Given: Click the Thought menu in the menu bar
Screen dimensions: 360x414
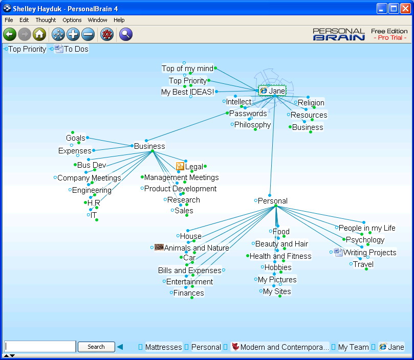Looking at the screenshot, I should [46, 20].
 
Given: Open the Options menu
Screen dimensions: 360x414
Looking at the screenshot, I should [72, 20].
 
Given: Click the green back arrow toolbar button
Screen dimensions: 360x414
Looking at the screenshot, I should [10, 34].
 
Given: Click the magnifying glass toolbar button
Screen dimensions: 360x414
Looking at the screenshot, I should [126, 34].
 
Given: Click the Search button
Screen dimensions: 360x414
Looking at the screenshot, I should [96, 347].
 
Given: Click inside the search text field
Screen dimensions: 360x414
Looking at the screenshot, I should [40, 347].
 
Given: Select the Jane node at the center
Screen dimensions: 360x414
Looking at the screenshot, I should [276, 91].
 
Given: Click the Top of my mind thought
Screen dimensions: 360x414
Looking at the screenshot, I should [187, 69].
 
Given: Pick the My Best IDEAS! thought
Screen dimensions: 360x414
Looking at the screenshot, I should [187, 92].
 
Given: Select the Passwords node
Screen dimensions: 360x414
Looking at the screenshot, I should [248, 114].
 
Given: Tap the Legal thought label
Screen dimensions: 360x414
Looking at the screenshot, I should [194, 166].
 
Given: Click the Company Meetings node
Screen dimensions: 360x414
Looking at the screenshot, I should [89, 178].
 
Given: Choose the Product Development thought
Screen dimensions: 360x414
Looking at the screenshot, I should [180, 189].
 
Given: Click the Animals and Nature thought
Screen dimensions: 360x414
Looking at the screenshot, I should [196, 248].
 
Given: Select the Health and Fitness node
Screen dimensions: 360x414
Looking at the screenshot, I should [280, 256].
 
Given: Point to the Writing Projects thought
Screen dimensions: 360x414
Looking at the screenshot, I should [369, 253].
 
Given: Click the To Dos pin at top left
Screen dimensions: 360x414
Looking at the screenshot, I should [76, 49].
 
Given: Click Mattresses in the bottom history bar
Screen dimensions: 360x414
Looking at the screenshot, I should [163, 347].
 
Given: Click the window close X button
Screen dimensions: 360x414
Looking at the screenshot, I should [405, 8].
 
